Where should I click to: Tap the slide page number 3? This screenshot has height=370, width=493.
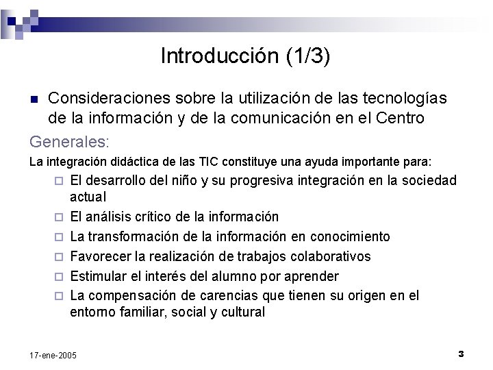pos(461,354)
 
